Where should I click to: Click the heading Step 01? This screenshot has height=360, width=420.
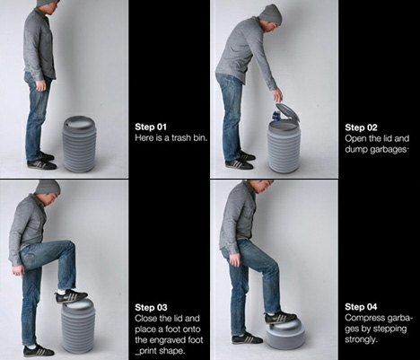151,127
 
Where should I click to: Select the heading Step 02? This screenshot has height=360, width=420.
361,127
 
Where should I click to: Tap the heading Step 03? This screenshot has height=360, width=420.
151,307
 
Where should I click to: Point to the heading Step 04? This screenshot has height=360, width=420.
361,307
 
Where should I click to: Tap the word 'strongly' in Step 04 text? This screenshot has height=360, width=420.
359,339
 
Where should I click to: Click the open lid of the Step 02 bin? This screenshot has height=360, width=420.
287,111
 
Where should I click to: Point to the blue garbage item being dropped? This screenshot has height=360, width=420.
276,116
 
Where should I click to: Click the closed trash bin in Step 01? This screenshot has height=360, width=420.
79,144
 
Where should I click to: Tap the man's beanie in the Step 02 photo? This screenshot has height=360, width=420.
271,14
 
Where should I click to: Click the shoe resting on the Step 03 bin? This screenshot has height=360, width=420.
71,296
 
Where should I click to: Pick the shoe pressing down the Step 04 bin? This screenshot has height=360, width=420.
280,317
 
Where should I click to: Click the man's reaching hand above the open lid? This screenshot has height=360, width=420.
277,95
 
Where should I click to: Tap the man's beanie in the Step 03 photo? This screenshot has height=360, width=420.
48,187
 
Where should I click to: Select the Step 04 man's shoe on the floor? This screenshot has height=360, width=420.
247,338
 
